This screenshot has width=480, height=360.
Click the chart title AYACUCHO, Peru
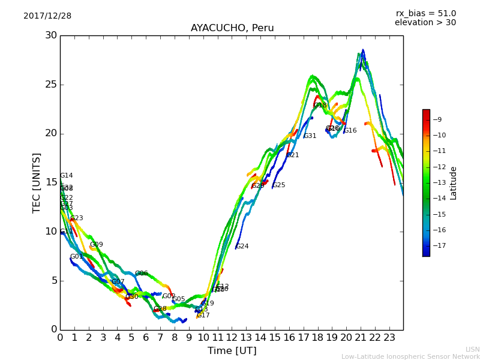pyautogui.click(x=232, y=28)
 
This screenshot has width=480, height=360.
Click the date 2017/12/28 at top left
pyautogui.click(x=47, y=16)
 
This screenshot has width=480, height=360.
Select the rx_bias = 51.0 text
pyautogui.click(x=425, y=13)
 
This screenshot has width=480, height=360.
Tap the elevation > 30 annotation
pyautogui.click(x=425, y=23)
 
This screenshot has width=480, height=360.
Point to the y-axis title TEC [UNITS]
pyautogui.click(x=37, y=182)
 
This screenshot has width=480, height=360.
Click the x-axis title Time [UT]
pyautogui.click(x=232, y=350)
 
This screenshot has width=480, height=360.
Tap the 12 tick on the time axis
pyautogui.click(x=232, y=337)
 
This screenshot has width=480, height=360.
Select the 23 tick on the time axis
pyautogui.click(x=389, y=337)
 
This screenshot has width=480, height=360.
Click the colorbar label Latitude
pyautogui.click(x=454, y=183)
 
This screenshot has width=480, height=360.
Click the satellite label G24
pyautogui.click(x=242, y=247)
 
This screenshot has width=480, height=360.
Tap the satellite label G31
pyautogui.click(x=310, y=136)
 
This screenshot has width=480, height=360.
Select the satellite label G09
pyautogui.click(x=96, y=245)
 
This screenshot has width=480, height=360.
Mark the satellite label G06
pyautogui.click(x=141, y=274)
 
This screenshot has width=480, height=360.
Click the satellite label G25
pyautogui.click(x=278, y=185)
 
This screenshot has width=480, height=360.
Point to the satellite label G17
pyautogui.click(x=203, y=316)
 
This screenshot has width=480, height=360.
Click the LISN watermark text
pyautogui.click(x=472, y=349)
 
